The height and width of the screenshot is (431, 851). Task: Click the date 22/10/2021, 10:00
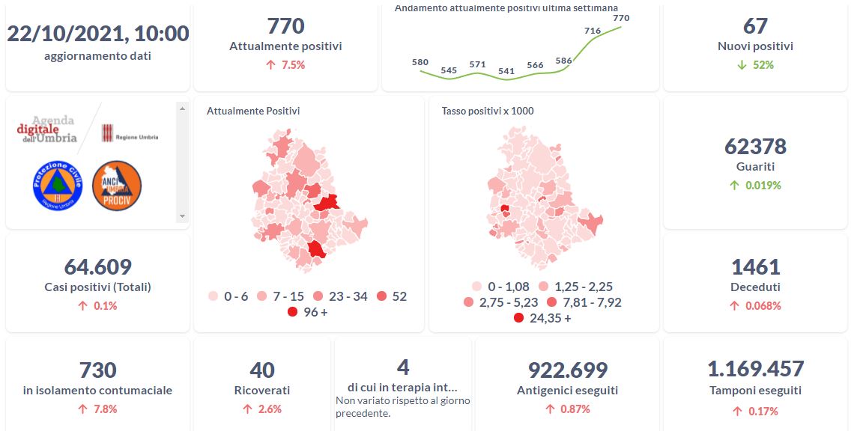[97, 34]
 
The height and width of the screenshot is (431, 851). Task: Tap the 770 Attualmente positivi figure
[285, 26]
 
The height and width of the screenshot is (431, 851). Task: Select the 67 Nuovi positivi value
[755, 26]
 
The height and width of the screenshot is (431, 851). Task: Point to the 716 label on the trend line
[592, 31]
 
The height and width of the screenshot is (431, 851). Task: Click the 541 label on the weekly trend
[506, 72]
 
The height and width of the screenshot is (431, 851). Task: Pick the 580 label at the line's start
[420, 62]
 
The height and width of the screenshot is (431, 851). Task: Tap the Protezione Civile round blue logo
[57, 186]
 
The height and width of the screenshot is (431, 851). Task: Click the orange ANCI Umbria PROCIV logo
[117, 186]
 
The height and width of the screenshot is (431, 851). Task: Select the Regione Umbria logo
[130, 135]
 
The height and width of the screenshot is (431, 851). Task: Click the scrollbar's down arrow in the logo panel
[181, 216]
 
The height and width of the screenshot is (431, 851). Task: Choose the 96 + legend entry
[306, 312]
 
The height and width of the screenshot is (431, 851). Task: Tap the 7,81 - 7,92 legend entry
[584, 302]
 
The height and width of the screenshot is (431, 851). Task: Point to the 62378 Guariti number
[755, 147]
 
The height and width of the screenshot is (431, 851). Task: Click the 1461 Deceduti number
[755, 267]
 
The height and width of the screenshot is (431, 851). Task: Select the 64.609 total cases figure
[97, 267]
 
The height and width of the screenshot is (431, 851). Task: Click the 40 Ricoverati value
[261, 370]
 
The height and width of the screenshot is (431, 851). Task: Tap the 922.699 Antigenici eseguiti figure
[567, 370]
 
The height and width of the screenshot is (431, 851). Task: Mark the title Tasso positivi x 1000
[488, 111]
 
